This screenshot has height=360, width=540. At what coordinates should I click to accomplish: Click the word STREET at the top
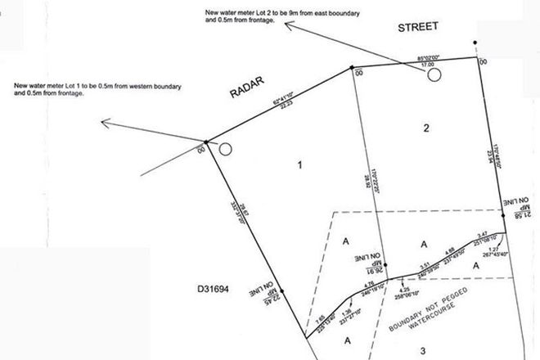[x=419, y=26]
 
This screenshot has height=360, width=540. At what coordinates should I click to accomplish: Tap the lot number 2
[x=425, y=128]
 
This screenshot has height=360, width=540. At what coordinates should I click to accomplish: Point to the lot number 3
[x=423, y=351]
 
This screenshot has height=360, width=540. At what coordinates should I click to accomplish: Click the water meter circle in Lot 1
[x=227, y=149]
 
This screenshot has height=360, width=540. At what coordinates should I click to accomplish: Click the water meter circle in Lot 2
[x=434, y=74]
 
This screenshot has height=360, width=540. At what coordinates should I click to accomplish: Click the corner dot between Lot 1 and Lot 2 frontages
[x=352, y=68]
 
